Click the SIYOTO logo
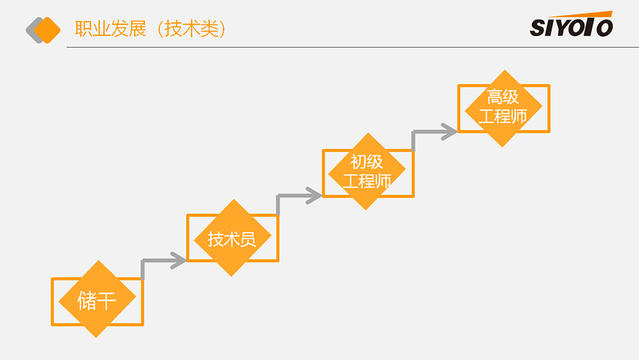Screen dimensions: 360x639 [571, 25]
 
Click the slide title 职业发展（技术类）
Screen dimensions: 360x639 [151, 29]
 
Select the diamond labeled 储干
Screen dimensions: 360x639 [97, 299]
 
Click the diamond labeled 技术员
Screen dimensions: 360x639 [233, 238]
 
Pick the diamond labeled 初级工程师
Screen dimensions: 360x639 [367, 171]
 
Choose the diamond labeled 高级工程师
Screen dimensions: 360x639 [504, 107]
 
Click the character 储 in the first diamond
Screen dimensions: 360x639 [88, 300]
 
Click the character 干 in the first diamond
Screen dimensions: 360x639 [107, 300]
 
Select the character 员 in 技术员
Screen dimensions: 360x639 [249, 239]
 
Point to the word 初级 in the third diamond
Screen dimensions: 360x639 [367, 161]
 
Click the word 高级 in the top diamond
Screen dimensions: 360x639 [504, 97]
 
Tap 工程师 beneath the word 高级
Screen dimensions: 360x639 [503, 117]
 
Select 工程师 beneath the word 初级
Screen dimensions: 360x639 [367, 181]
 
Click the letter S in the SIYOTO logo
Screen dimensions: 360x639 [537, 27]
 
